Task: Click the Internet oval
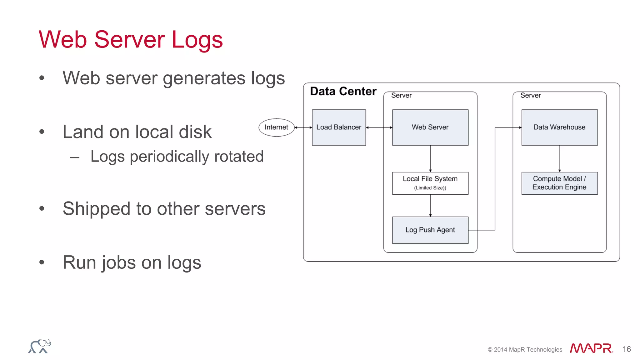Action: click(276, 127)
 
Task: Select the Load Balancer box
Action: click(339, 127)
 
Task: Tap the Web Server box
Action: click(430, 127)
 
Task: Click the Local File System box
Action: click(430, 183)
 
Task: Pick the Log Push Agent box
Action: click(430, 230)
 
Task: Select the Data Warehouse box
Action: click(559, 127)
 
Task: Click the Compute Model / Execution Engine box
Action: click(559, 183)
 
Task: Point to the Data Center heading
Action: click(343, 91)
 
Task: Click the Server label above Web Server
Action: click(401, 95)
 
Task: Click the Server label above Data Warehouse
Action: click(530, 95)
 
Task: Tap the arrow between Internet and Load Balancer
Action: click(303, 127)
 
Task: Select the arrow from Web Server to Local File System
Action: click(430, 158)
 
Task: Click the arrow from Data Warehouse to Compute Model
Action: click(560, 158)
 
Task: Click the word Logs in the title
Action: click(197, 40)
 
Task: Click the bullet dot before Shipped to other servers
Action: click(42, 208)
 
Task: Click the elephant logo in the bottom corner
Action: click(40, 346)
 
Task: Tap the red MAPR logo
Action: click(591, 348)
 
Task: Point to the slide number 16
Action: click(626, 349)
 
